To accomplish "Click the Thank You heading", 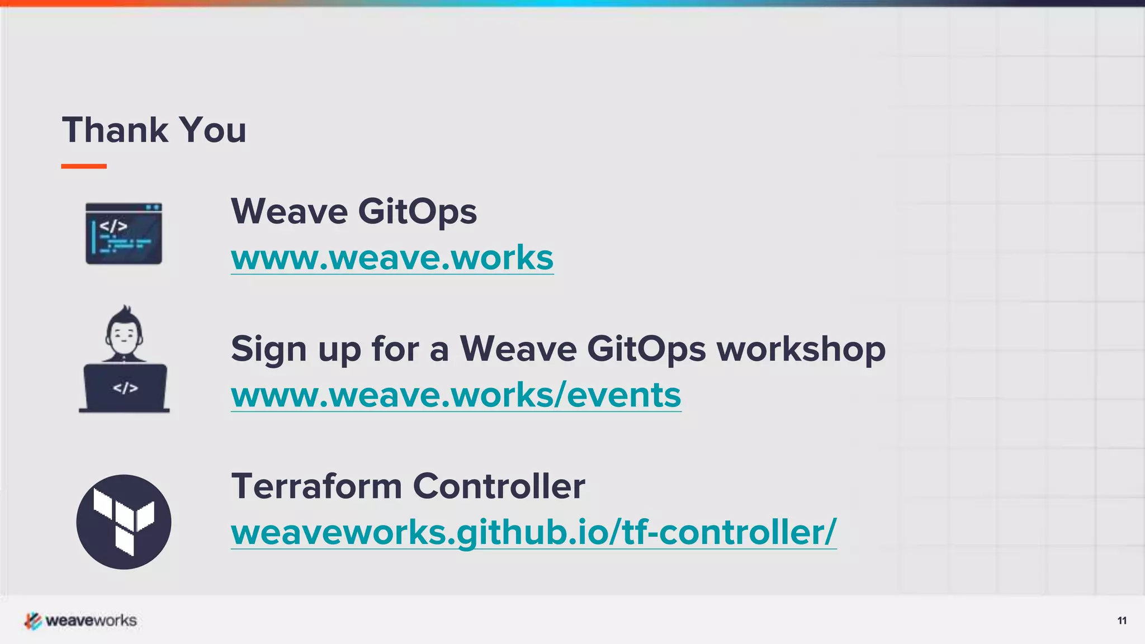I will click(x=154, y=130).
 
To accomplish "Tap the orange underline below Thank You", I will click(x=84, y=166).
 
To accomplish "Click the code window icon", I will click(x=124, y=234).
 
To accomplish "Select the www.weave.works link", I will click(x=392, y=258).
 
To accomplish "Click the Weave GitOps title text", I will click(x=354, y=211).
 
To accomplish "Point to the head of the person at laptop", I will click(x=124, y=334).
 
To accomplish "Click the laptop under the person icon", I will click(x=125, y=388).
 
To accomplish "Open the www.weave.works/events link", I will click(x=456, y=395).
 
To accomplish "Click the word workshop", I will click(x=801, y=349).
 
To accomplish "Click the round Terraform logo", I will click(x=124, y=522).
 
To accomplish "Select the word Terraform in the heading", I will click(x=316, y=486).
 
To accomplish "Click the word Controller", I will click(x=499, y=486).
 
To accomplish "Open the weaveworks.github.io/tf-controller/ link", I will click(x=533, y=532).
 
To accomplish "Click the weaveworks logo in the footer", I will click(x=81, y=621).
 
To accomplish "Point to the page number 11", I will click(x=1122, y=621).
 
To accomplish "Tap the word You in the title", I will click(x=213, y=130).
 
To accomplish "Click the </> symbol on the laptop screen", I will click(x=125, y=388).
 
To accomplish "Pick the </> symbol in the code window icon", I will click(x=113, y=226).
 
